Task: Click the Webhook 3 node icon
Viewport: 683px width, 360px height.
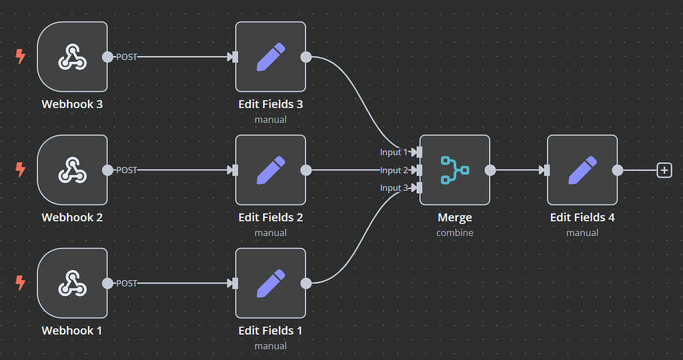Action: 72,57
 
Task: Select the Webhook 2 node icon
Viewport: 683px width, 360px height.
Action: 72,170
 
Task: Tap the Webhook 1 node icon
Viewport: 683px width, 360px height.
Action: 72,283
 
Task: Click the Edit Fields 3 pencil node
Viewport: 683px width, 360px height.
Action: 270,57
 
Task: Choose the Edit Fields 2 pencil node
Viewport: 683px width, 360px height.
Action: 270,170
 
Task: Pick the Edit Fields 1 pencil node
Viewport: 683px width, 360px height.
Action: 270,283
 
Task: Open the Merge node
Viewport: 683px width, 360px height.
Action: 454,170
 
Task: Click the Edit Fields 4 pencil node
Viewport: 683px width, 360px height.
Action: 582,170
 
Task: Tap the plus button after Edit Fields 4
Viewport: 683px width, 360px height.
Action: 664,170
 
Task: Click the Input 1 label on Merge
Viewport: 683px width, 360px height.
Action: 394,153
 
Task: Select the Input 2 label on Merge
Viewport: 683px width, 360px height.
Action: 394,171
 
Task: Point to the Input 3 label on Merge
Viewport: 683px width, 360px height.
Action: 394,188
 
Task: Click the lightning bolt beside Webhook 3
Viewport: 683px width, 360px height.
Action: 21,57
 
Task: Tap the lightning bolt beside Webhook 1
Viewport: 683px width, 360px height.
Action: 21,283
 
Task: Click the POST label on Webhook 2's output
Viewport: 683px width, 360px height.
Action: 127,170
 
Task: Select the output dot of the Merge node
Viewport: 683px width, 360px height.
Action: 490,170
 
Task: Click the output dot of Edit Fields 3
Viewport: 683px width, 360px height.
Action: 306,57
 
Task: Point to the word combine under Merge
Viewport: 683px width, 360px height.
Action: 455,233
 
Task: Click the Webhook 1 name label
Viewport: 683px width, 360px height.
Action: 72,331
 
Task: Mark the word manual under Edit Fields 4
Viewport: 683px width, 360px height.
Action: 582,233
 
